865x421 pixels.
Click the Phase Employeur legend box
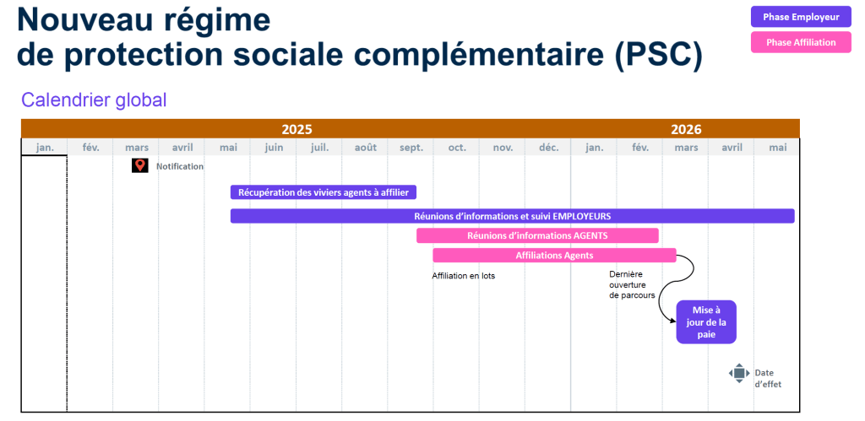tap(801, 17)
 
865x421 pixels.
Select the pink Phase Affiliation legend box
tap(801, 42)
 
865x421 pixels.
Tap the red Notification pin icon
tap(140, 165)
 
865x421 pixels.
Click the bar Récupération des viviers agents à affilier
tap(324, 192)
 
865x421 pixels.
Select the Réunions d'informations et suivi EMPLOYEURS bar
tap(513, 216)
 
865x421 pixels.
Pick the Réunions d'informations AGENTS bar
tap(537, 235)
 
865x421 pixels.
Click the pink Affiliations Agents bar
tap(554, 255)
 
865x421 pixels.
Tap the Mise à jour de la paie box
tap(706, 321)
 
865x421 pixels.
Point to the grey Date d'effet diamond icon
tap(739, 373)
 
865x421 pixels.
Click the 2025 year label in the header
tap(296, 129)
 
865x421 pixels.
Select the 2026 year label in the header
tap(686, 129)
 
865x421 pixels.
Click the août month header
tap(365, 148)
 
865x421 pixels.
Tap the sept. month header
tap(411, 148)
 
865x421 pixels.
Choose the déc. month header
tap(548, 148)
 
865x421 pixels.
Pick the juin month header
tap(274, 148)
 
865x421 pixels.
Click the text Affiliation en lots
tap(464, 276)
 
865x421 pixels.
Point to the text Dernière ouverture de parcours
tap(632, 284)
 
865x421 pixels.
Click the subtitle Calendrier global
tap(94, 100)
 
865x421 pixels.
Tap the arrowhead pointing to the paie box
tap(672, 321)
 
